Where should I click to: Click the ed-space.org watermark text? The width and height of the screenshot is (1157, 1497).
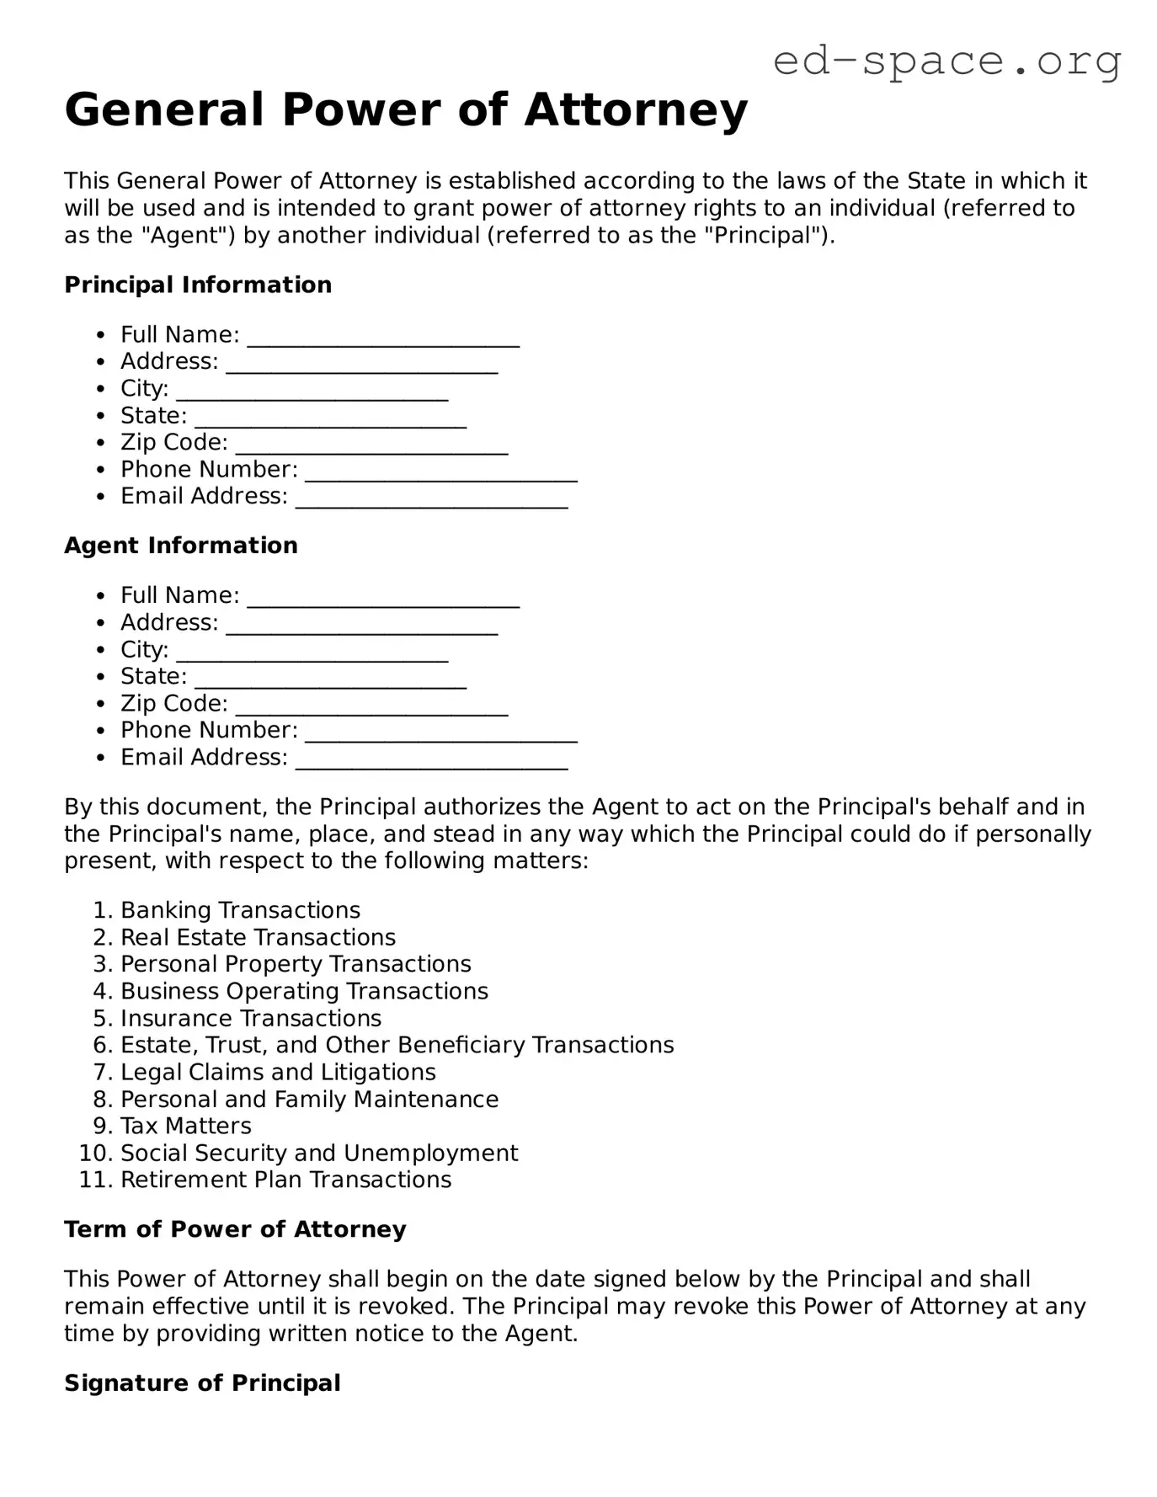[x=946, y=61]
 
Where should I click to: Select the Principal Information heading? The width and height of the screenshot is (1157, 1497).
[x=198, y=285]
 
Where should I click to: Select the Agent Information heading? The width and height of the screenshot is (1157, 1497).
[x=181, y=546]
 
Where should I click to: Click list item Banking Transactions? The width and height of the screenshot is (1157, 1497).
[x=240, y=910]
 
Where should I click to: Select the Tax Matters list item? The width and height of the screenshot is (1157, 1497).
[x=185, y=1126]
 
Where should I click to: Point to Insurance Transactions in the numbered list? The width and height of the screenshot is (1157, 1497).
[x=251, y=1018]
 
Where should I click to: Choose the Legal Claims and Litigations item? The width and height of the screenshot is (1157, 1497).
[x=278, y=1072]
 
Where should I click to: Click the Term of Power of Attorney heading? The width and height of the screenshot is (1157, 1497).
[x=235, y=1229]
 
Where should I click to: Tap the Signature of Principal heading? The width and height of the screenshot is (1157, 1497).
[x=202, y=1383]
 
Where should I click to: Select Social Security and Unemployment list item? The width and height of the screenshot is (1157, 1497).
[x=319, y=1153]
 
